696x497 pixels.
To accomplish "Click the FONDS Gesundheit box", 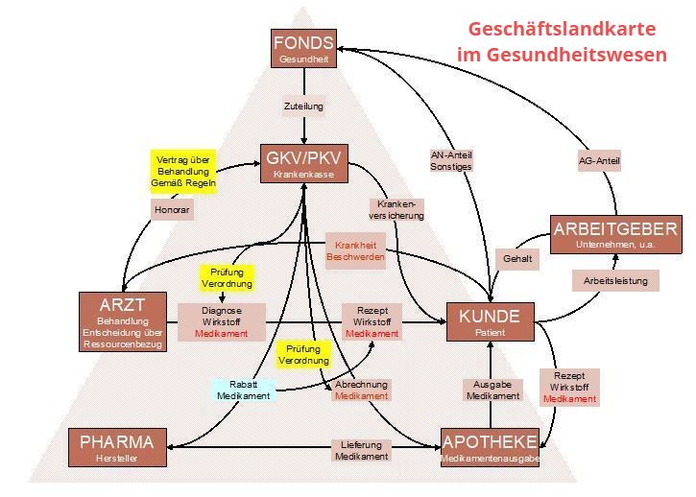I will [303, 49].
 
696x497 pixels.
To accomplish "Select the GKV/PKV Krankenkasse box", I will [303, 164].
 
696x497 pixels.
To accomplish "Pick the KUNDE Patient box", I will [490, 321].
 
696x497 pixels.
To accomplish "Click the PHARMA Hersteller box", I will [116, 447].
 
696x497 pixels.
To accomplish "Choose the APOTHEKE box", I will [490, 447].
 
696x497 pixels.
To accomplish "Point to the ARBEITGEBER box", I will [614, 234].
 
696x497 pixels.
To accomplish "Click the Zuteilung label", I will [303, 106].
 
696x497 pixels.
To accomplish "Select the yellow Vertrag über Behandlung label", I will [183, 171].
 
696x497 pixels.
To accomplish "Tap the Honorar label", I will [172, 208].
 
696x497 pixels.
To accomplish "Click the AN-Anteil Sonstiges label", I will [451, 160].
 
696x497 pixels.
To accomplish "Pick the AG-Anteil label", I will [599, 160].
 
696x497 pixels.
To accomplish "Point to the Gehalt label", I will [516, 259].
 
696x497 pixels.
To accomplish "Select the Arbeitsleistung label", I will [615, 281].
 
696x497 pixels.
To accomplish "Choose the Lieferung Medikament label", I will [362, 450].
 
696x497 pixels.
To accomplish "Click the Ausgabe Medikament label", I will [493, 389].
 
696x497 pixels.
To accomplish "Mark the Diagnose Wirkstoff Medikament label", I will [222, 322].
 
